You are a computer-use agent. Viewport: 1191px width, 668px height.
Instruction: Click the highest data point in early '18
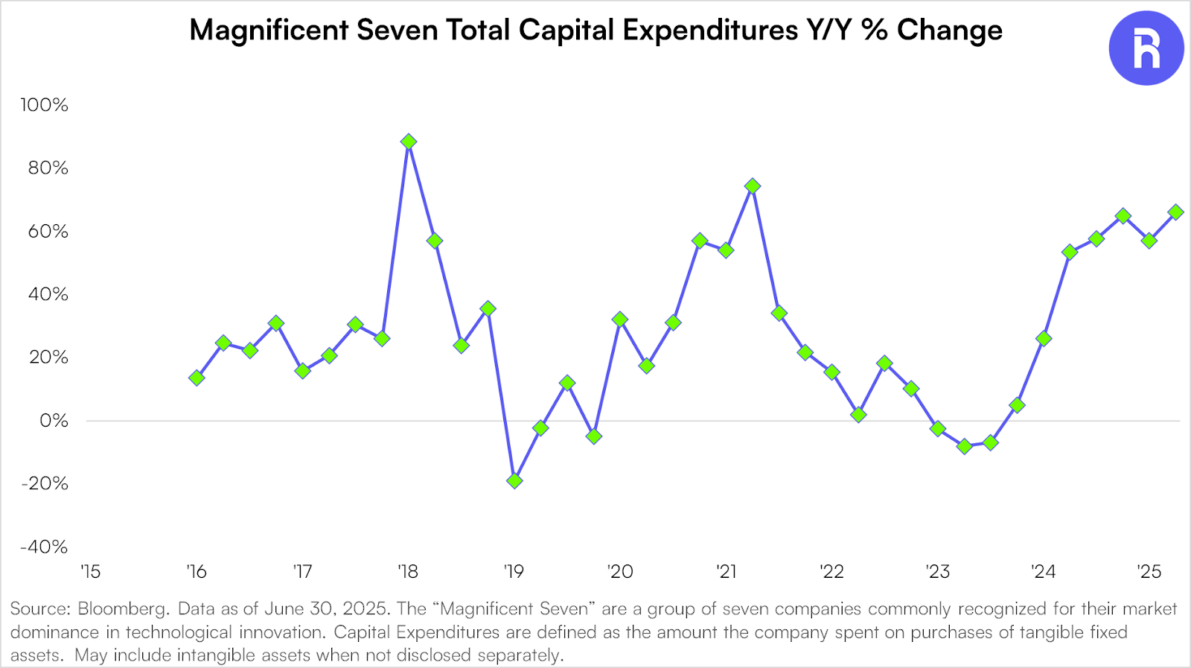[x=408, y=141]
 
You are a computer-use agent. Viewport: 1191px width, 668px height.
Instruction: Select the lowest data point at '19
[x=514, y=481]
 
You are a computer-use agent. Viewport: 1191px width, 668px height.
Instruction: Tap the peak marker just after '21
[x=753, y=186]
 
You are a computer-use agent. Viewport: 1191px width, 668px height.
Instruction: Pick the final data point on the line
[x=1176, y=212]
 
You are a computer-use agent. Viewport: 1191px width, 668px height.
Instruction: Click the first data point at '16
[x=197, y=378]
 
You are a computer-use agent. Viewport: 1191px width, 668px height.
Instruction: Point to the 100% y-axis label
[x=44, y=105]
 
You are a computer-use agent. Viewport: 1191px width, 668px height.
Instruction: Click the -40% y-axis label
[x=44, y=547]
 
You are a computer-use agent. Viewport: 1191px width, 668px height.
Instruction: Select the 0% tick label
[x=54, y=421]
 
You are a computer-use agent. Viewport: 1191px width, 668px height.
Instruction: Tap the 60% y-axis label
[x=48, y=232]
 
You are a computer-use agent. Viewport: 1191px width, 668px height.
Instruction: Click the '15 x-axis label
[x=90, y=572]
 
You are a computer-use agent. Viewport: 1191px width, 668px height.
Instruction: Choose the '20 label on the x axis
[x=619, y=572]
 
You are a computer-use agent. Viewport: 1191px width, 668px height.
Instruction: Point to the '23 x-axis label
[x=937, y=572]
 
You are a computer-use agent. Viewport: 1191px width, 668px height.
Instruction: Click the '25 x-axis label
[x=1149, y=572]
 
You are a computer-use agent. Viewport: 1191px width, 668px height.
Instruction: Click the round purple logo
[x=1146, y=48]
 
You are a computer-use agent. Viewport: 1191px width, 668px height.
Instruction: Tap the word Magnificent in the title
[x=269, y=31]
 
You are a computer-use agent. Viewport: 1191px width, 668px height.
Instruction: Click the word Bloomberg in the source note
[x=123, y=609]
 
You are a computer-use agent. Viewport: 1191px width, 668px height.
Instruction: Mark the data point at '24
[x=1044, y=339]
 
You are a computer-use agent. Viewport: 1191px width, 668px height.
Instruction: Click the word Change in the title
[x=949, y=31]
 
